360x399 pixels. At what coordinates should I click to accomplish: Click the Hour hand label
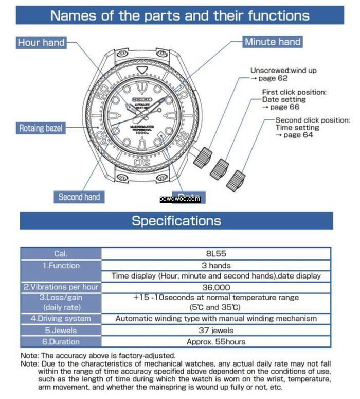coord(41,42)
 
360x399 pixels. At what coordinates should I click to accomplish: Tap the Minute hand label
coord(273,42)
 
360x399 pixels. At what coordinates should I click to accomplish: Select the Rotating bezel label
coord(41,128)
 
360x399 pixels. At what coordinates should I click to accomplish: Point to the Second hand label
coord(79,197)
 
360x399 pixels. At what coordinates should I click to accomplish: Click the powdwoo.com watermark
coord(179,199)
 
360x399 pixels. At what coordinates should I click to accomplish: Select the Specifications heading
coord(176,221)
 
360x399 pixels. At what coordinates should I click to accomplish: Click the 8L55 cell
coord(215,254)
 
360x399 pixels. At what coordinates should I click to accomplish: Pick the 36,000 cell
coord(215,287)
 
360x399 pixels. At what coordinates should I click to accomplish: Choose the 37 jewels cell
coord(215,331)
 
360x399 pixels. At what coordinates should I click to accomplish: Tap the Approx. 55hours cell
coord(215,341)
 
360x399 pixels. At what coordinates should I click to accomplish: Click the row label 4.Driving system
coord(61,319)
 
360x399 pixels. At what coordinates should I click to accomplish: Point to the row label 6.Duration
coord(61,341)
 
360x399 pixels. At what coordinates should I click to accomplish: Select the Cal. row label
coord(61,254)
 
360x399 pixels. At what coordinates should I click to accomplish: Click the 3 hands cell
coord(215,266)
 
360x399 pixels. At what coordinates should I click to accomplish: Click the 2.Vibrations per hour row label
coord(61,287)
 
